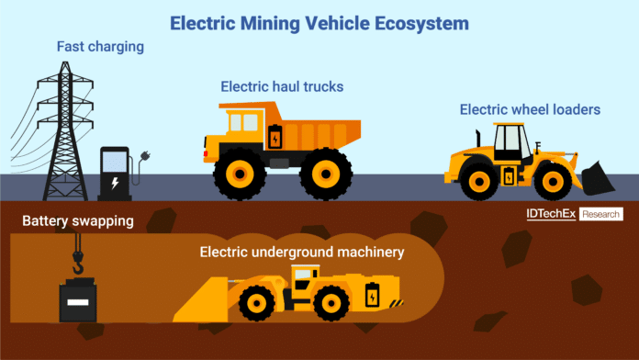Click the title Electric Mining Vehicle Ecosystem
tap(319, 23)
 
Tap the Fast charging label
tap(100, 47)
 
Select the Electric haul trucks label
tap(282, 86)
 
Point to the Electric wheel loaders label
tap(530, 109)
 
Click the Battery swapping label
tap(78, 221)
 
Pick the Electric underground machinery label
tap(302, 252)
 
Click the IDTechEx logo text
tap(551, 214)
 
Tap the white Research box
tap(601, 214)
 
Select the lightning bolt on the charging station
tap(116, 183)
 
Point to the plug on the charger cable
tap(145, 155)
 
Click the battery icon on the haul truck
tap(275, 137)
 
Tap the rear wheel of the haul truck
tap(326, 174)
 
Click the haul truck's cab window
tap(244, 122)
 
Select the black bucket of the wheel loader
tap(598, 178)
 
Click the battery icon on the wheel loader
tap(509, 176)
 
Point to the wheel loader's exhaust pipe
tap(477, 139)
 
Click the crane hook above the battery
tap(77, 262)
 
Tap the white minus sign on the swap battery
tap(78, 302)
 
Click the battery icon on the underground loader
tap(372, 295)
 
